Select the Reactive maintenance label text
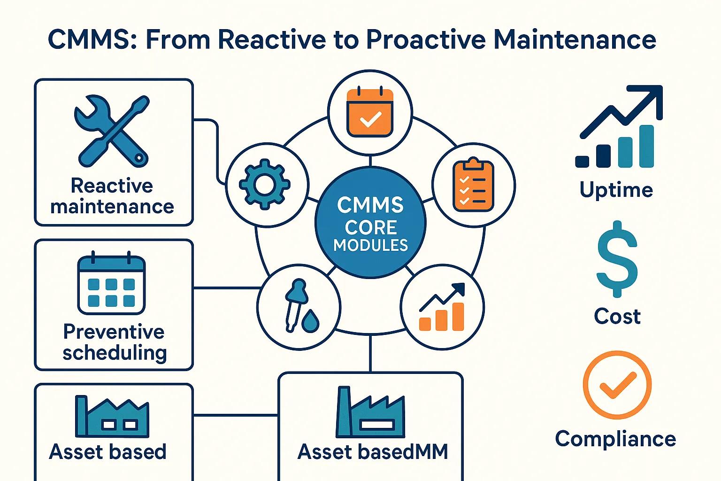pyautogui.click(x=112, y=196)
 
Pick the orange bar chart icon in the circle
pyautogui.click(x=442, y=308)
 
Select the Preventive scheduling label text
pyautogui.click(x=114, y=342)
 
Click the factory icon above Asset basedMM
pyautogui.click(x=370, y=413)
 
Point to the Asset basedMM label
pyautogui.click(x=373, y=452)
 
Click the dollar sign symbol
pyautogui.click(x=617, y=259)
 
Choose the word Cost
pyautogui.click(x=617, y=316)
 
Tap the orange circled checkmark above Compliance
pyautogui.click(x=617, y=385)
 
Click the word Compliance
pyautogui.click(x=615, y=439)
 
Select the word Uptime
pyautogui.click(x=616, y=190)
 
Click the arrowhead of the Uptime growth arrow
pyautogui.click(x=653, y=94)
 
